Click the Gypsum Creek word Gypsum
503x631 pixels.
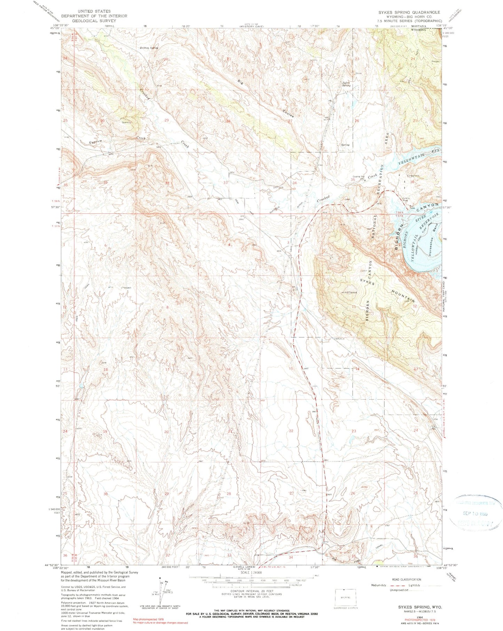(x=87, y=142)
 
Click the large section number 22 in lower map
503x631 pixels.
(x=291, y=431)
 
